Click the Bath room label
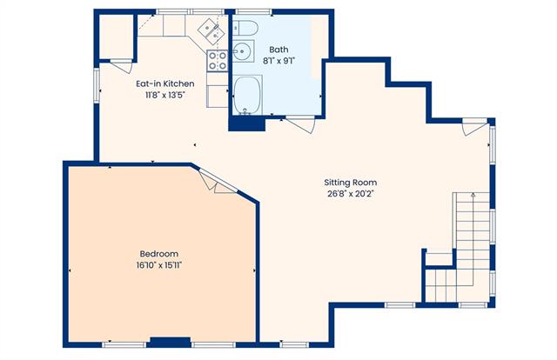click(278, 50)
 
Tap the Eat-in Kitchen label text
click(165, 83)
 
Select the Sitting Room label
click(350, 183)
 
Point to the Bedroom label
click(158, 254)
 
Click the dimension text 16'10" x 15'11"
click(159, 265)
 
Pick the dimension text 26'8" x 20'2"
click(351, 194)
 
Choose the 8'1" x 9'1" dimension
click(278, 61)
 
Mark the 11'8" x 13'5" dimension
click(165, 95)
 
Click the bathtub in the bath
click(247, 95)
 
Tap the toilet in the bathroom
click(245, 28)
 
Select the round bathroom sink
click(243, 51)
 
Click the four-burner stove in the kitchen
click(217, 61)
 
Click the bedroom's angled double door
click(218, 182)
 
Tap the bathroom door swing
click(301, 123)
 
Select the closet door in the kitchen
click(122, 66)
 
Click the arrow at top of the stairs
click(473, 195)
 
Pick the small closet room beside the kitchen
click(116, 37)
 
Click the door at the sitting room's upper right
click(474, 128)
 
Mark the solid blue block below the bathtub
click(247, 123)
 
